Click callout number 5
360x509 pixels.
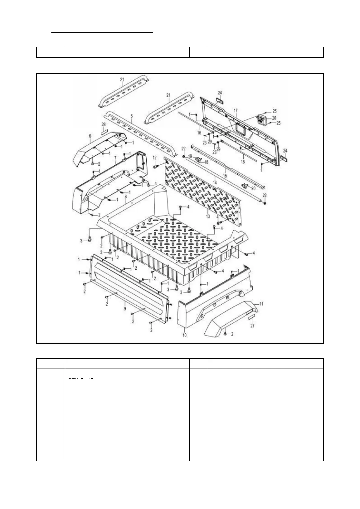[132, 115]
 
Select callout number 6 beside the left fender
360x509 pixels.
[90, 136]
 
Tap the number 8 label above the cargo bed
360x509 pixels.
[125, 196]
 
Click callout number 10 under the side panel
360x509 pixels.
[185, 335]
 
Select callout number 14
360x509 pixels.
[215, 183]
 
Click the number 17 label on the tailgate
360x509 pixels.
[235, 111]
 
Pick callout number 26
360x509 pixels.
[274, 118]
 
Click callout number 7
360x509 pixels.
[115, 158]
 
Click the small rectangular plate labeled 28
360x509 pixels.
[104, 131]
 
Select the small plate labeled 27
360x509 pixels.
[252, 317]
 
